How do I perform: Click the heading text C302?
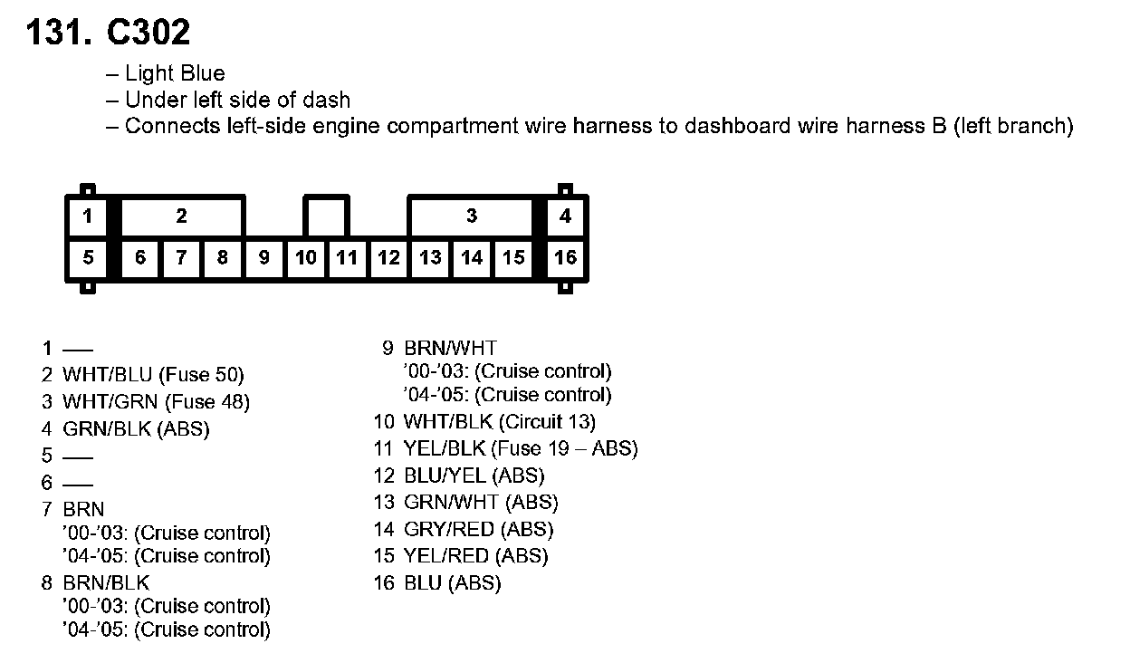(148, 34)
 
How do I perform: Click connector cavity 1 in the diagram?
(87, 216)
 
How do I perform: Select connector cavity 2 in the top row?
(182, 216)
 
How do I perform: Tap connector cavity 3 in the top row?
(471, 216)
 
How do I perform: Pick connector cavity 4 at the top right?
(565, 216)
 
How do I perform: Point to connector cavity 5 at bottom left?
(87, 258)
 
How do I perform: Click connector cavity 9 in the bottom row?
(264, 258)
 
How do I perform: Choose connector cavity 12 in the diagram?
(388, 258)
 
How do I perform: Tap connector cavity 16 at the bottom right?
(565, 258)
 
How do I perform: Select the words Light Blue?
(175, 73)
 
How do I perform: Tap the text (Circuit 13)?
(548, 421)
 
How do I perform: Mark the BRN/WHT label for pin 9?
(450, 348)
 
